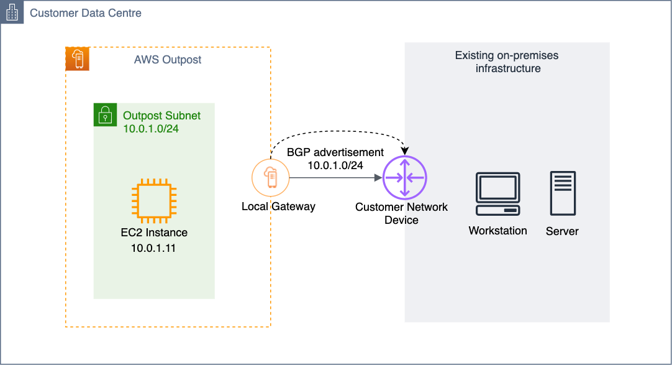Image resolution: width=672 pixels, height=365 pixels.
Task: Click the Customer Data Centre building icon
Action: tap(12, 12)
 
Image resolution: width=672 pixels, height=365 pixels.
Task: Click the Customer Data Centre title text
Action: tap(85, 13)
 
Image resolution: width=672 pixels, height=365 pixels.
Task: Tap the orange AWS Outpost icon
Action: tap(78, 58)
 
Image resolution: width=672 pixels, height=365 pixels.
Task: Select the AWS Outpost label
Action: tap(168, 60)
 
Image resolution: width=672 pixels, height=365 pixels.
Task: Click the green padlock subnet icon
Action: tap(105, 115)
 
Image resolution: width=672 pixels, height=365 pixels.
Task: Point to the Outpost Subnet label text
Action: tap(161, 116)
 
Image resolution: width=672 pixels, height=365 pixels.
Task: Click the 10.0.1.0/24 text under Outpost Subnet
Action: tap(151, 129)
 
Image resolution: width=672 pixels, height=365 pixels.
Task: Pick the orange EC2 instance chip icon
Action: tap(154, 201)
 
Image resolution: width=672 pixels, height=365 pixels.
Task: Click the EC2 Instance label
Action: tap(154, 233)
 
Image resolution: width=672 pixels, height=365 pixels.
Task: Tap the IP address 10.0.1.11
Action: tap(153, 248)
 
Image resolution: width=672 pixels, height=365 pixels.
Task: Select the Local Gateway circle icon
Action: tap(270, 178)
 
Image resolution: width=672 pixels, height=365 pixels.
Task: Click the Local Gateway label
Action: tap(279, 206)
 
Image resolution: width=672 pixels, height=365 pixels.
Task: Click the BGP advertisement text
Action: tap(335, 152)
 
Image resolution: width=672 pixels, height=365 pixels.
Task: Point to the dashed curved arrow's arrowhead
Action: tap(405, 151)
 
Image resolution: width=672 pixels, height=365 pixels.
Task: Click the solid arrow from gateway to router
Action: tap(335, 178)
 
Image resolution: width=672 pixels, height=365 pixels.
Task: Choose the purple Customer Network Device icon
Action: tap(404, 178)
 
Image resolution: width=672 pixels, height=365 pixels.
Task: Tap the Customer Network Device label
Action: tap(402, 213)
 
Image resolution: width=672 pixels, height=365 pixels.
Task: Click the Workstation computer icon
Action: tap(498, 194)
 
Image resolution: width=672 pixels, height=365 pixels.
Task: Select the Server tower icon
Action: tap(563, 193)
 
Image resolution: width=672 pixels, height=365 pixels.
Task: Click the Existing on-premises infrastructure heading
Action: tap(507, 62)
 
